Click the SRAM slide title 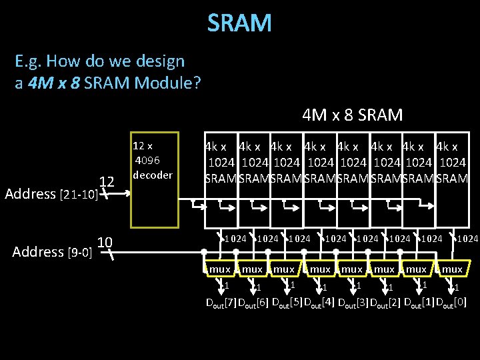[x=239, y=23]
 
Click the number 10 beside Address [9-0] [x=105, y=241]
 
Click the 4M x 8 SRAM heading [x=352, y=115]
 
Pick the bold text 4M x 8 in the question [x=55, y=84]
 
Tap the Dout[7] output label [x=221, y=303]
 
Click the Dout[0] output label [x=451, y=303]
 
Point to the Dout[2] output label [x=385, y=303]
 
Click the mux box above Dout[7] [x=219, y=269]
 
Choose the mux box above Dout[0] [x=451, y=269]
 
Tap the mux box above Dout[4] [x=319, y=269]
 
